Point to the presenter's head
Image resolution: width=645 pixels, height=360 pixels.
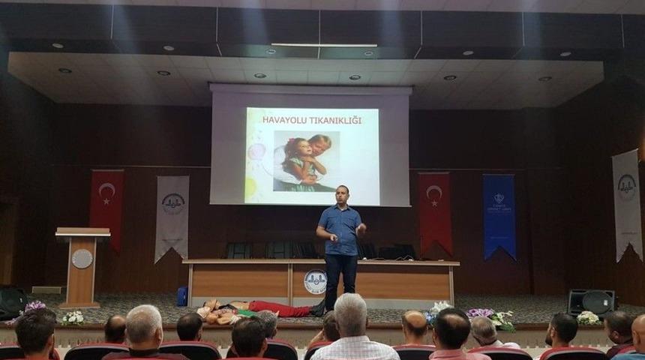(x=342, y=194)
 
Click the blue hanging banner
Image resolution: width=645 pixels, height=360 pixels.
(x=499, y=215)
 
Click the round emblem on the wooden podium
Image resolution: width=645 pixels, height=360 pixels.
(x=82, y=259)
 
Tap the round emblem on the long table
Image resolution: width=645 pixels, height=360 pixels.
(x=315, y=282)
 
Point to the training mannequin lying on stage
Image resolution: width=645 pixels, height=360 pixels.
(x=255, y=308)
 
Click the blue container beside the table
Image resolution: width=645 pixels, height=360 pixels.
(x=182, y=295)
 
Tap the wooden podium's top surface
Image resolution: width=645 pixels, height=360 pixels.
(x=82, y=232)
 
